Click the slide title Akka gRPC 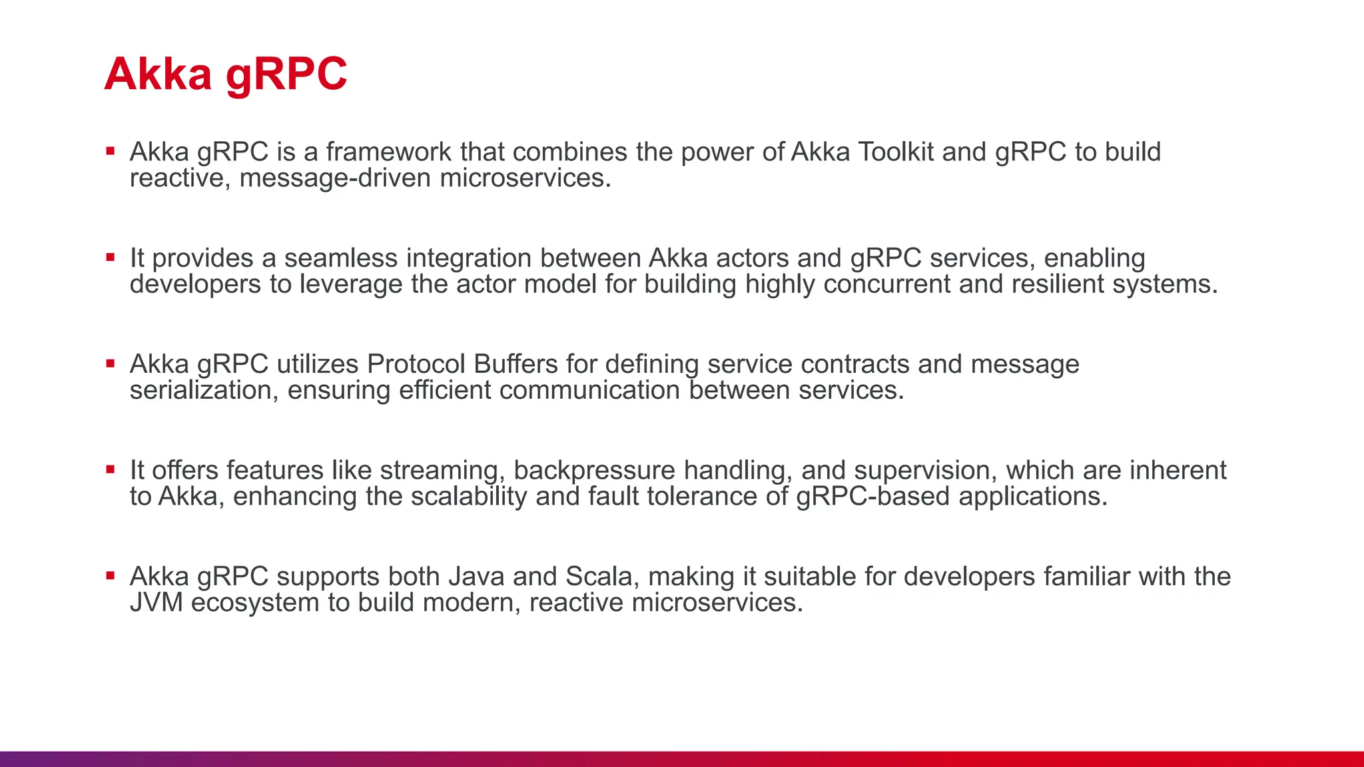(225, 74)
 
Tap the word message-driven (335, 178)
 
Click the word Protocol (416, 365)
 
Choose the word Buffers (515, 365)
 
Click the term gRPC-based (872, 497)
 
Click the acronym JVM (156, 603)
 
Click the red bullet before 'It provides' (111, 257)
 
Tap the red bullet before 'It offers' (111, 469)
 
